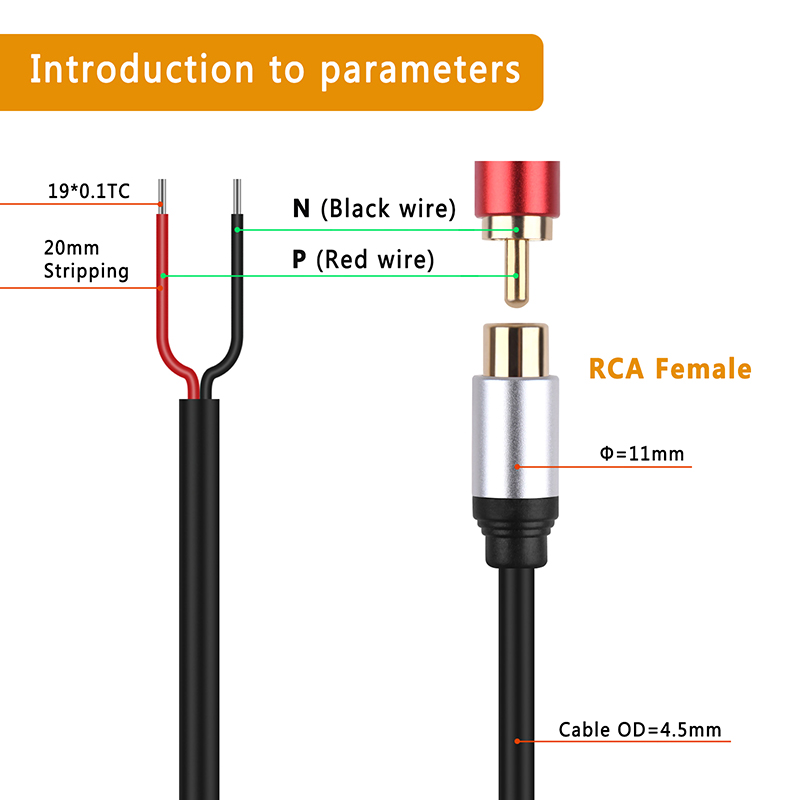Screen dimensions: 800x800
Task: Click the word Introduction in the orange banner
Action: [x=142, y=69]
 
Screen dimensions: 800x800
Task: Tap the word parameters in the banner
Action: [x=420, y=71]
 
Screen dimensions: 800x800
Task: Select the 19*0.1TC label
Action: [x=89, y=191]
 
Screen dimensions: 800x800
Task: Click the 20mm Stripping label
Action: [x=86, y=259]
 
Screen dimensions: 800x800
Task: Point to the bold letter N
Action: [x=301, y=208]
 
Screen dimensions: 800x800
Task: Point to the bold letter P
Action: [x=299, y=259]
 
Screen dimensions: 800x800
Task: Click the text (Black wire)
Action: [x=388, y=208]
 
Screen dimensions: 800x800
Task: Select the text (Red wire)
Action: [x=375, y=259]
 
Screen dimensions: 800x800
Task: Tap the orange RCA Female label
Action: [x=670, y=368]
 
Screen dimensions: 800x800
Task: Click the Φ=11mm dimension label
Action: [x=642, y=453]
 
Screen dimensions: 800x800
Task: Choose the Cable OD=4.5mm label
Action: [x=640, y=730]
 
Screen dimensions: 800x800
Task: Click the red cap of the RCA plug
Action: [x=517, y=189]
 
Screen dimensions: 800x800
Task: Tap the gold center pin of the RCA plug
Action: [x=516, y=273]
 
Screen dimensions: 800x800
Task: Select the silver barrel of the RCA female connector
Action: [x=515, y=436]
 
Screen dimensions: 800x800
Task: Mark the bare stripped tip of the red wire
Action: [x=162, y=196]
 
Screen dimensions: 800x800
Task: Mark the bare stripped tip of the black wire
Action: [x=237, y=196]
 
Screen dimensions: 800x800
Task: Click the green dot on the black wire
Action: [x=237, y=230]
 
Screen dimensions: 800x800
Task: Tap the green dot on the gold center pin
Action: [x=516, y=276]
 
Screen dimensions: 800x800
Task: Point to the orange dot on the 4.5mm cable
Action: [x=517, y=741]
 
